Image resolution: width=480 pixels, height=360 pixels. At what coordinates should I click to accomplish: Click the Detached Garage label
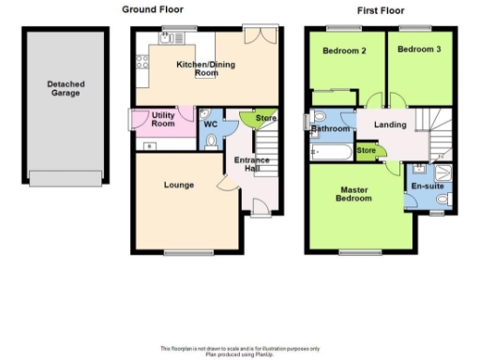point(66,89)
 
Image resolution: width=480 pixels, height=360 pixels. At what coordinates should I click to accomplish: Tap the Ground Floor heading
point(151,9)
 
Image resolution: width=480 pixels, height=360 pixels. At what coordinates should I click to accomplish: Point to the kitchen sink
point(172,38)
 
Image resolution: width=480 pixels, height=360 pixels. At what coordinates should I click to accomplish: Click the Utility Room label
point(163,120)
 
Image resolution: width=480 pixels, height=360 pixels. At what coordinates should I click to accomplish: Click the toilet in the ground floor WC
point(210,141)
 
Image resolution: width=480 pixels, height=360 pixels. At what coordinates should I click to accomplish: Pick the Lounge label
point(178,185)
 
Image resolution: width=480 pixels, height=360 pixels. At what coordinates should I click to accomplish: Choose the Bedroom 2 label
point(343,50)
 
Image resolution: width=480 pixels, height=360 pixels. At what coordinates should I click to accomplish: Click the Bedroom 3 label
point(418,49)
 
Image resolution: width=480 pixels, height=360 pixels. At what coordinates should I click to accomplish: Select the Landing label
point(389,125)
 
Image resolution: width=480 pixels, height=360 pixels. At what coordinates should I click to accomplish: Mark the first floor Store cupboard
point(367,150)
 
